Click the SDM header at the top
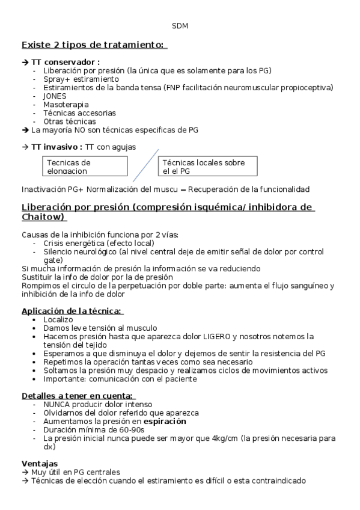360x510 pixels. click(180, 26)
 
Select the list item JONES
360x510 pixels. click(55, 96)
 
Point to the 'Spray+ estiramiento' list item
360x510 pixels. click(81, 79)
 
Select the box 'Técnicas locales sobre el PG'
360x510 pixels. click(208, 166)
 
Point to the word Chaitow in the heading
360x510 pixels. click(43, 217)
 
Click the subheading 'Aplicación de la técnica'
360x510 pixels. click(72, 310)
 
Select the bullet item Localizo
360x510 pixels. click(58, 319)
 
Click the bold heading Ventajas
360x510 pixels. click(40, 463)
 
